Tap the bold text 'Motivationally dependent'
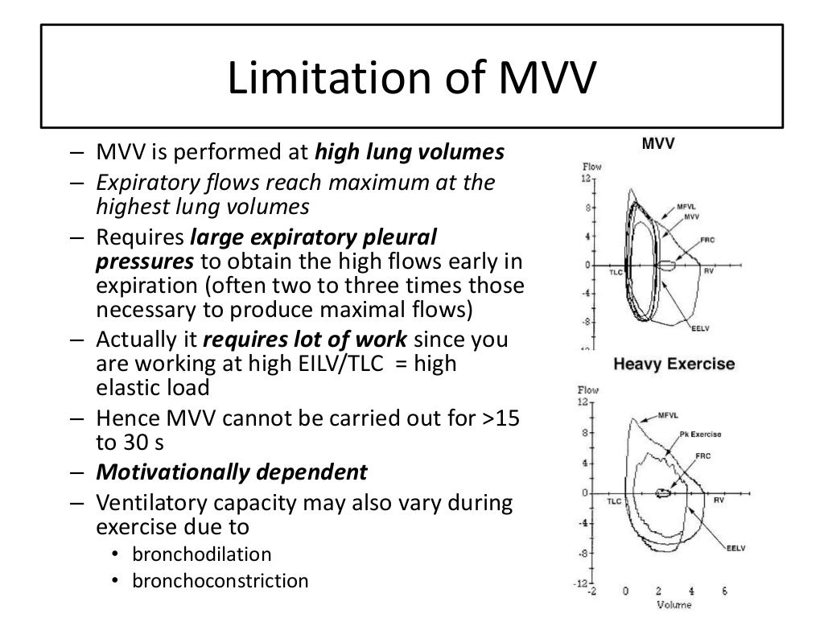tap(232, 472)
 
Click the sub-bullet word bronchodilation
tap(202, 554)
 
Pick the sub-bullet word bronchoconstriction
tap(220, 580)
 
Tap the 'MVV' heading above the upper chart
tap(658, 146)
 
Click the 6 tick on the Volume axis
tap(724, 591)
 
